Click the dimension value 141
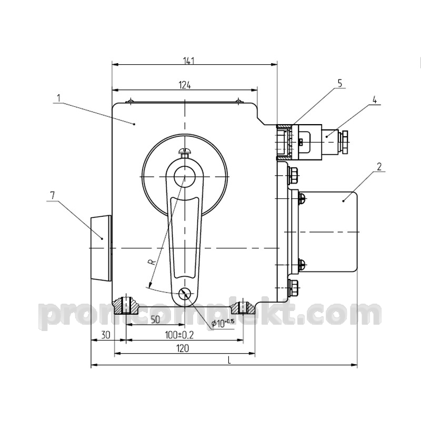point(189,61)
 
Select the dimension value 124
point(185,85)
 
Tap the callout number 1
point(58,98)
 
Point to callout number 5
point(340,84)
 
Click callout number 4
point(374,100)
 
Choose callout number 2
point(379,167)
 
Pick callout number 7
point(53,195)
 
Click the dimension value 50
point(155,319)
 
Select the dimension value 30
point(106,335)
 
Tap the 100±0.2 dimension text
point(179,335)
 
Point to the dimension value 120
point(183,348)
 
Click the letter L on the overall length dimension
point(229,360)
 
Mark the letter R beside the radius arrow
point(152,262)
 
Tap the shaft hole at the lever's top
point(185,176)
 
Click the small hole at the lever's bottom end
point(185,294)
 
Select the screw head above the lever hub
point(185,152)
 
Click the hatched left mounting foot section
point(126,306)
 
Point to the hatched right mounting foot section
point(243,307)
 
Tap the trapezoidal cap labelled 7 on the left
point(101,247)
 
